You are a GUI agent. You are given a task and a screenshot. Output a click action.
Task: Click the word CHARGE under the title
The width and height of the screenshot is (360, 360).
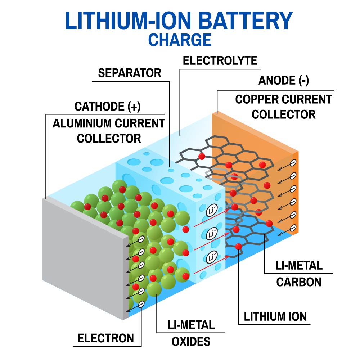(x=180, y=40)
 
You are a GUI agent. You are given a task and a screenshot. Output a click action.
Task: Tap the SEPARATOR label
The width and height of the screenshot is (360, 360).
(x=130, y=73)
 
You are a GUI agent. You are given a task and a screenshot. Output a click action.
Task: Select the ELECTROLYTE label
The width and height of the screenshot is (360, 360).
(x=220, y=60)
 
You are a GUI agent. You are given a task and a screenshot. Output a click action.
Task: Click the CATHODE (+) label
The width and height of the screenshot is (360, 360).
(x=107, y=107)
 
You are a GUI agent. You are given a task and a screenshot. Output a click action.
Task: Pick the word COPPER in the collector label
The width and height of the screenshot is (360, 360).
(x=257, y=99)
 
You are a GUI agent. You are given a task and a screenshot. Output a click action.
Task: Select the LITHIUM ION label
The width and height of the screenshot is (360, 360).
(x=275, y=317)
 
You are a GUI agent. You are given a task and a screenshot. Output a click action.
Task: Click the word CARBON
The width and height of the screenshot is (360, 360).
(x=299, y=282)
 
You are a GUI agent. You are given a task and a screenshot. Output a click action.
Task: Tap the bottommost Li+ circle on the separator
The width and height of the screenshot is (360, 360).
(x=211, y=257)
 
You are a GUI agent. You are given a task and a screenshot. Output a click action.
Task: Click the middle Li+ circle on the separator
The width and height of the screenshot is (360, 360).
(x=211, y=234)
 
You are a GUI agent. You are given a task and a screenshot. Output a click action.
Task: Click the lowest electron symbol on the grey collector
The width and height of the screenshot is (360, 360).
(x=141, y=305)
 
